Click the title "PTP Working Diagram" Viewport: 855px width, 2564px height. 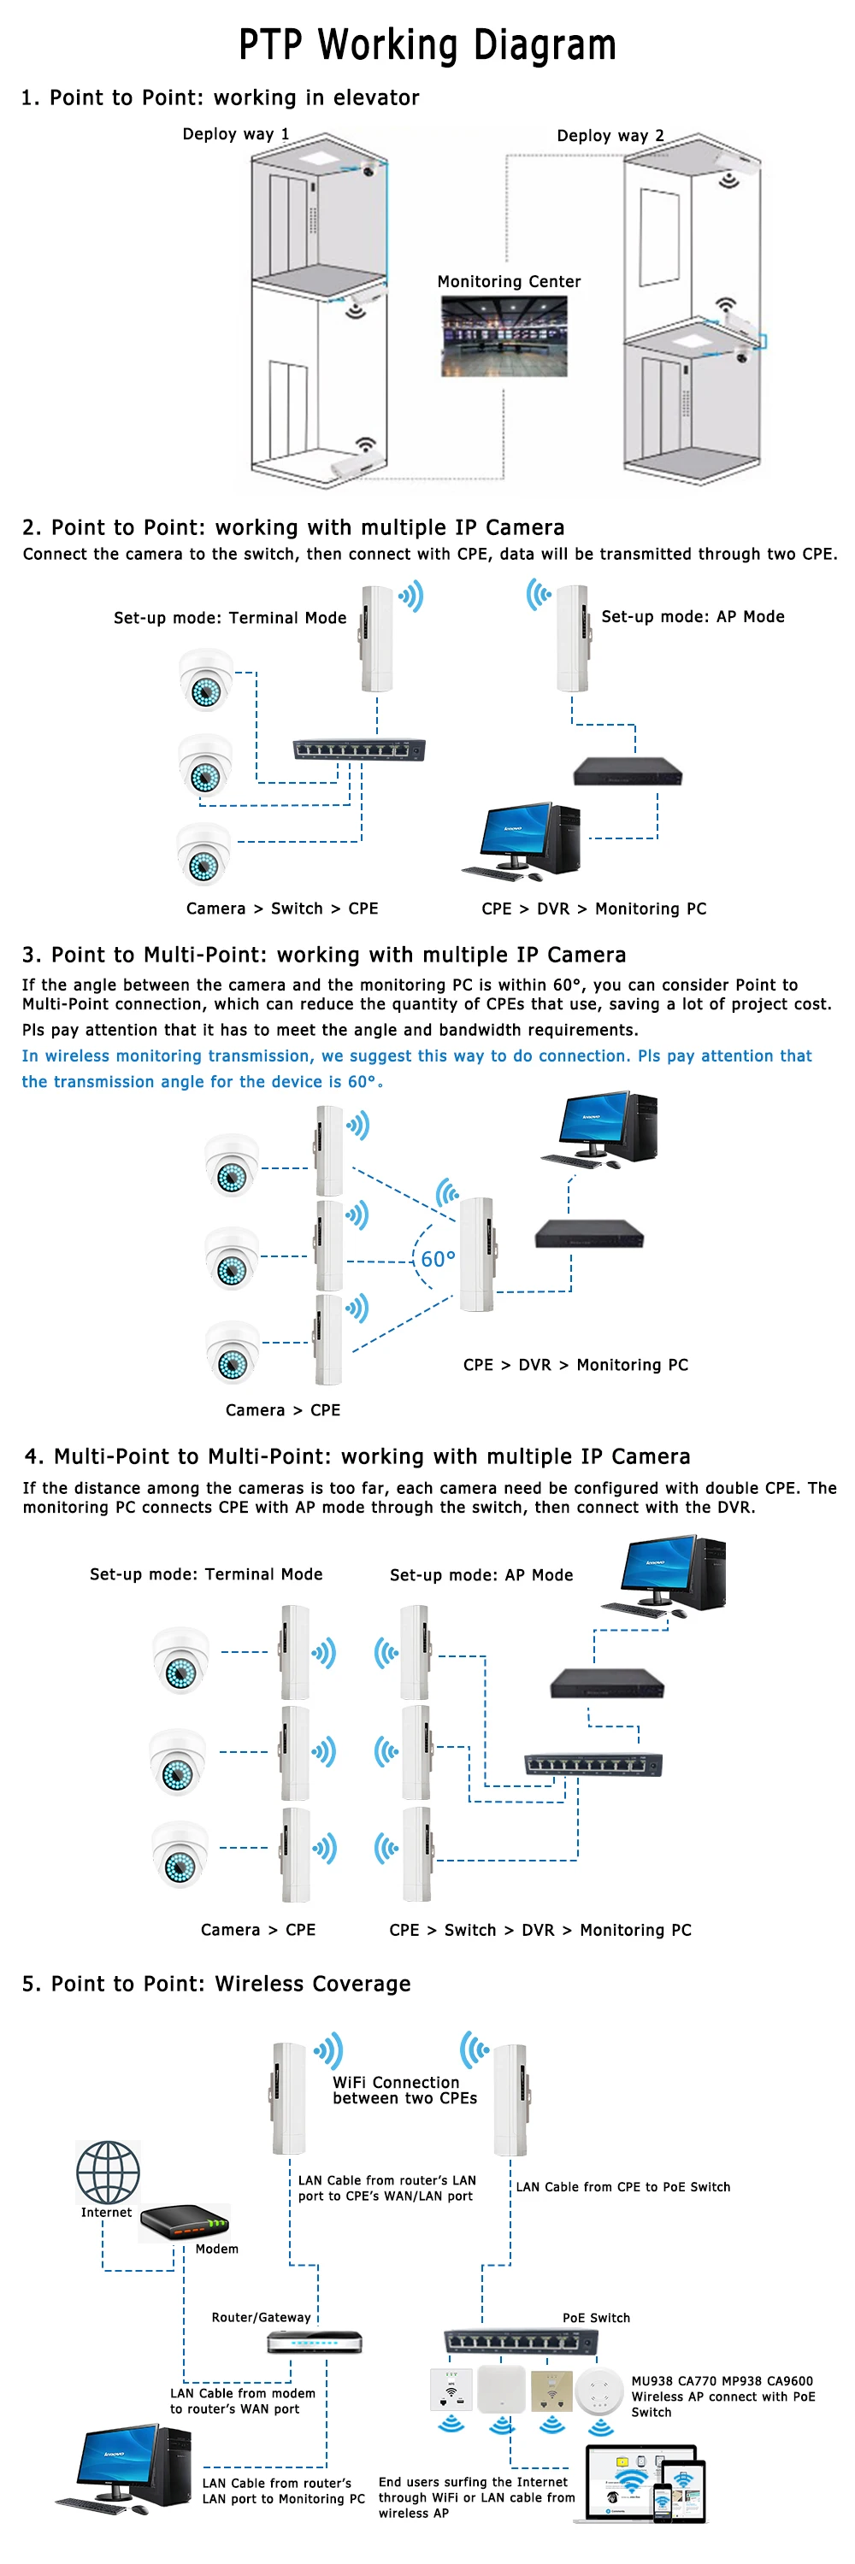coord(427,44)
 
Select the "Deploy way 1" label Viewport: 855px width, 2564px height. coord(236,133)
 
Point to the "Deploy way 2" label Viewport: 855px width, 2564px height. coord(610,135)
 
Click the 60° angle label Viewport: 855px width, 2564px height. coord(437,1259)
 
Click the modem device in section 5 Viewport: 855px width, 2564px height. coord(186,2221)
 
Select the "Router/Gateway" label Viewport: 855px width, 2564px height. coord(261,2316)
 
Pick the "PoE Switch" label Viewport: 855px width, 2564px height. coord(596,2317)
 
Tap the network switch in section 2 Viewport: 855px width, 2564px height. coord(358,750)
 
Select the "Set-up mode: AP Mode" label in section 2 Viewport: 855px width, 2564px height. coord(692,616)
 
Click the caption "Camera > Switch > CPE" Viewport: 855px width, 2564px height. coord(281,908)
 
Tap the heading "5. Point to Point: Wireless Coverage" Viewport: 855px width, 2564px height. coord(216,1983)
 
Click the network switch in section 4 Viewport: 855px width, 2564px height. coord(593,1764)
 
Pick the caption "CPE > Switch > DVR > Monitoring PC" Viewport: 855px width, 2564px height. coord(540,1929)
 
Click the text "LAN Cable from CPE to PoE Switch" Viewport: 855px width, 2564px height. coord(622,2185)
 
